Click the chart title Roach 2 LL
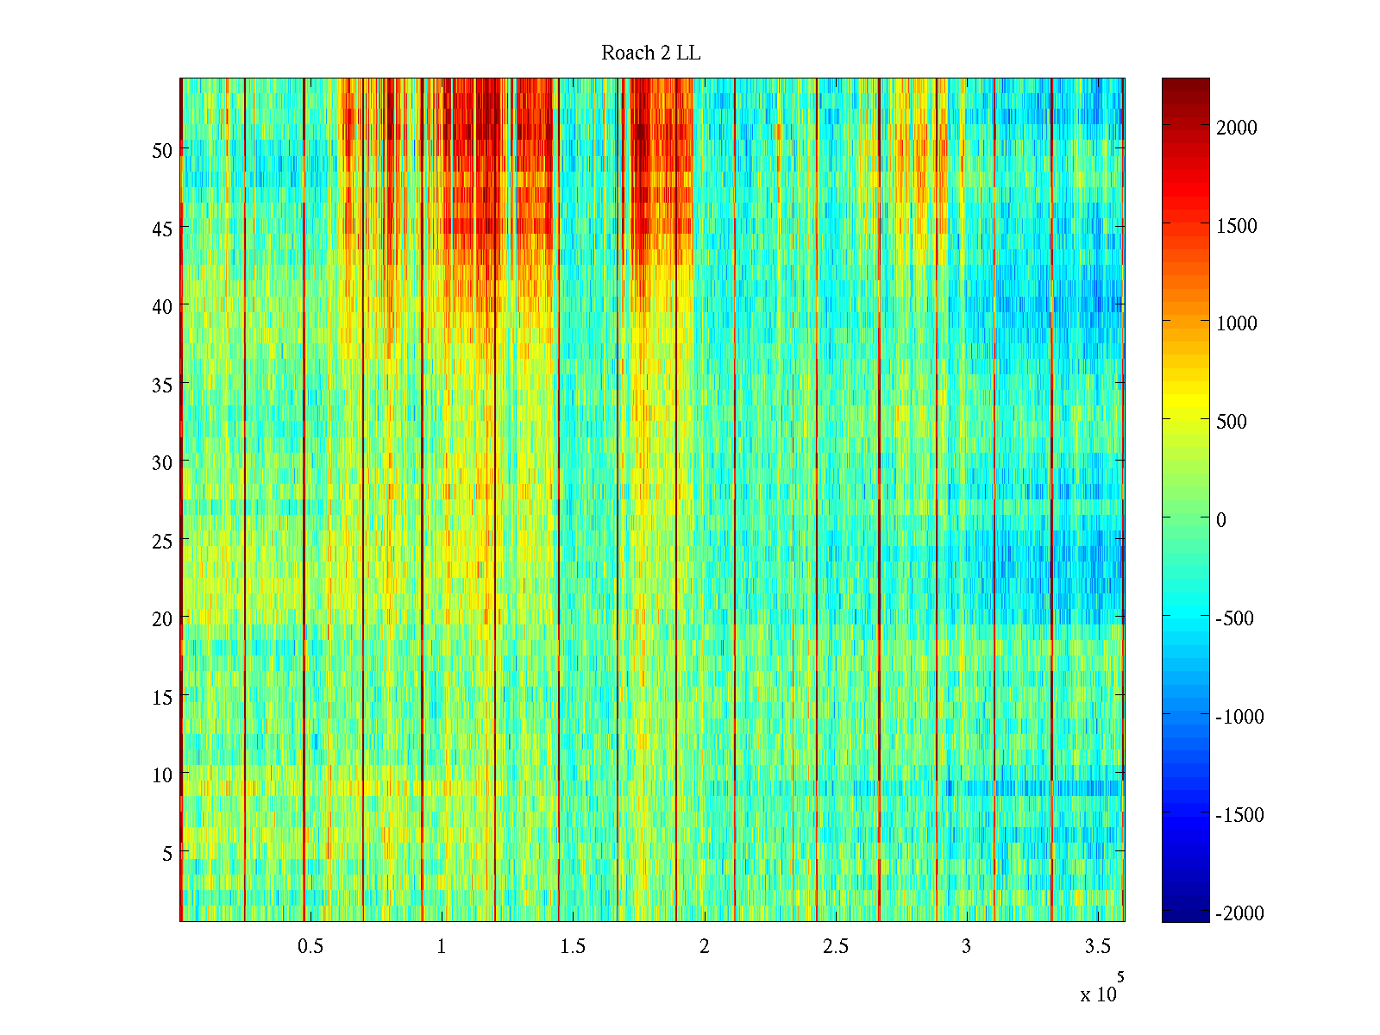pyautogui.click(x=650, y=53)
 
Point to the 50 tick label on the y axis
pyautogui.click(x=162, y=150)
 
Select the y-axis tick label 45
pyautogui.click(x=162, y=229)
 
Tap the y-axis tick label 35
pyautogui.click(x=162, y=385)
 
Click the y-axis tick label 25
pyautogui.click(x=162, y=541)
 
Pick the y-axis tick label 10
pyautogui.click(x=162, y=775)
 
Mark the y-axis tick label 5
pyautogui.click(x=167, y=853)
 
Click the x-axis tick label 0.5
pyautogui.click(x=310, y=947)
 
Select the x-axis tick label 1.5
pyautogui.click(x=573, y=947)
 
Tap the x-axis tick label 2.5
pyautogui.click(x=835, y=947)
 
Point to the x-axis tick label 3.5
pyautogui.click(x=1097, y=947)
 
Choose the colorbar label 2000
pyautogui.click(x=1237, y=128)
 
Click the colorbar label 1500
pyautogui.click(x=1237, y=226)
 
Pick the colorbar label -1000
pyautogui.click(x=1239, y=717)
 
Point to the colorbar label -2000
pyautogui.click(x=1239, y=913)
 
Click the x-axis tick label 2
pyautogui.click(x=705, y=947)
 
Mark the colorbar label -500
pyautogui.click(x=1234, y=618)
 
